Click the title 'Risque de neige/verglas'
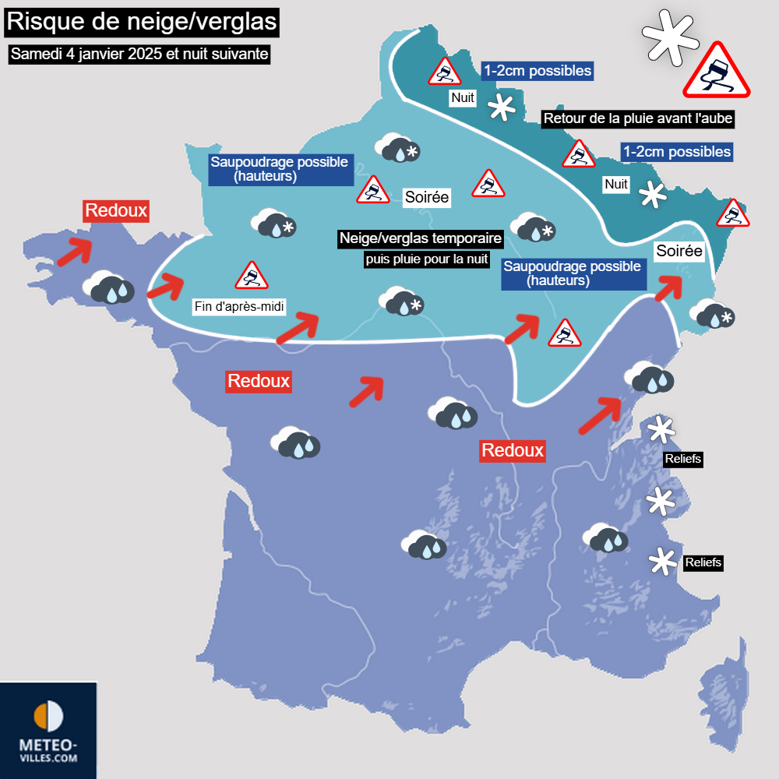(x=141, y=22)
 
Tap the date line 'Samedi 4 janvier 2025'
(x=140, y=55)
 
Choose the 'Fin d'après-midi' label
(x=239, y=307)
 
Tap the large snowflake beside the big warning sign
(x=668, y=37)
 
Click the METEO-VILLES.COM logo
(x=48, y=731)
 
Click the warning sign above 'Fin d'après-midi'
(x=251, y=275)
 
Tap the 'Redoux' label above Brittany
(x=115, y=210)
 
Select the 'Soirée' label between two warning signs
(x=426, y=197)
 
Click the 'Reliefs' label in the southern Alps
(x=703, y=562)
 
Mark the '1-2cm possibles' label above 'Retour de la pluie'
(x=538, y=71)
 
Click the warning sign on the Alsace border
(x=733, y=213)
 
